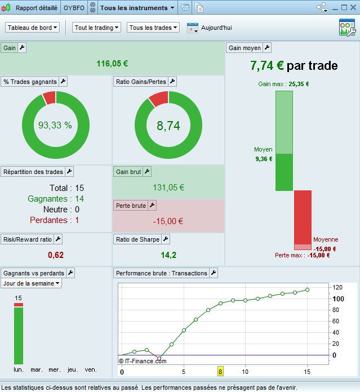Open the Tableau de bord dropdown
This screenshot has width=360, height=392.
click(x=33, y=28)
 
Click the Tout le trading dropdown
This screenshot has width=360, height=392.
click(x=97, y=28)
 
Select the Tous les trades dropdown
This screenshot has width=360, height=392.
click(x=153, y=28)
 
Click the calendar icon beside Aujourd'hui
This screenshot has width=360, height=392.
click(x=192, y=28)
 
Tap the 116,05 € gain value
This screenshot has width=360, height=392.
click(x=112, y=64)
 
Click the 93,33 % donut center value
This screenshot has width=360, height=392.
click(x=55, y=125)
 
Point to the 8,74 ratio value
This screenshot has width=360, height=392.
click(x=168, y=126)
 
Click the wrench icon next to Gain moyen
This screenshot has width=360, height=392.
click(x=267, y=48)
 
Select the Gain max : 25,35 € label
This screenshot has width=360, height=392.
click(x=283, y=84)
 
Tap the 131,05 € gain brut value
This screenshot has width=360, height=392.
click(x=168, y=188)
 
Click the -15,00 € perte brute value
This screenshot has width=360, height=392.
click(x=168, y=221)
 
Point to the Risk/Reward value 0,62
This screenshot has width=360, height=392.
click(x=56, y=255)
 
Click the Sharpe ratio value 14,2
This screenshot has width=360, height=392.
click(x=168, y=255)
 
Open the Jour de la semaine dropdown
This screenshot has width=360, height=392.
click(x=32, y=283)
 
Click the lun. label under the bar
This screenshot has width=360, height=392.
click(x=19, y=369)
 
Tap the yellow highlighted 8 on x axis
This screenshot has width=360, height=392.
click(x=221, y=371)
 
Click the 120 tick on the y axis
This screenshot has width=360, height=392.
click(x=337, y=287)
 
